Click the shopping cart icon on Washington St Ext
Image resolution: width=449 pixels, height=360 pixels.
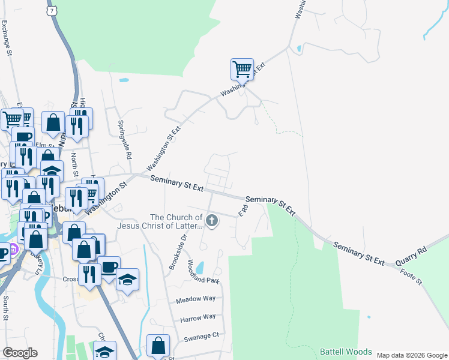click(x=242, y=70)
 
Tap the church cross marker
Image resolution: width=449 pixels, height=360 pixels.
click(x=211, y=221)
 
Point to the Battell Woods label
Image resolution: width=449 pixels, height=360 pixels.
click(x=345, y=352)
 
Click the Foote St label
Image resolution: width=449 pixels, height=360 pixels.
click(x=411, y=277)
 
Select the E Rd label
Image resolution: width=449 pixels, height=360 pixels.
click(x=243, y=211)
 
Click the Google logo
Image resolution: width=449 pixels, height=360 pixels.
click(x=20, y=353)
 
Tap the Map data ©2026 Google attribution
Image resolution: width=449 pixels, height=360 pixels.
click(x=412, y=355)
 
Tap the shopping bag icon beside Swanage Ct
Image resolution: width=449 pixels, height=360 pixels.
click(x=158, y=346)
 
